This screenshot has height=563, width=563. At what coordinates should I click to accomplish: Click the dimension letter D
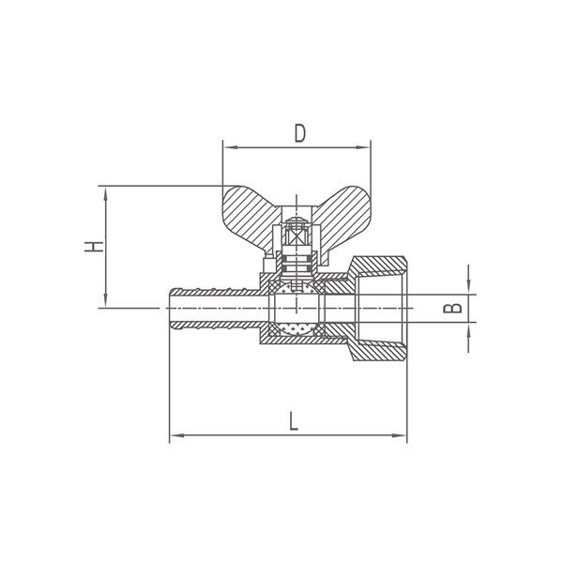300,133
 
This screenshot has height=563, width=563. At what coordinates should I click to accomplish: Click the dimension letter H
94,247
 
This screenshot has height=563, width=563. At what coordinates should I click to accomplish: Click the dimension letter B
453,308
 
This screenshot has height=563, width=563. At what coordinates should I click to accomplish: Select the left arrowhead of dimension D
230,147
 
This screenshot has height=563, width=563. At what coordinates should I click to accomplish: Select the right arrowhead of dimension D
362,147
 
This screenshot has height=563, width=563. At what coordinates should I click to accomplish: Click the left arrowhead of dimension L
177,435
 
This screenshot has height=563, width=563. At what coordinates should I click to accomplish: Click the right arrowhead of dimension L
400,435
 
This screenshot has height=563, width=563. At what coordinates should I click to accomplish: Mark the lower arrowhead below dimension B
468,329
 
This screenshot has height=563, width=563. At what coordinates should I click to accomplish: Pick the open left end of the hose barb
170,309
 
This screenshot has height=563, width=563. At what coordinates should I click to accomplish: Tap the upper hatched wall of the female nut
379,266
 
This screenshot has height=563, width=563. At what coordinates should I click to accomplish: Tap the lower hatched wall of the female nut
379,351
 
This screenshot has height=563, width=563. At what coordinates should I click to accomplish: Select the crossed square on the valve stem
297,236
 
